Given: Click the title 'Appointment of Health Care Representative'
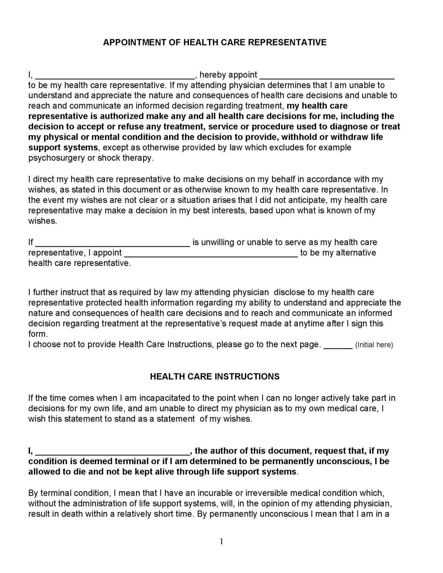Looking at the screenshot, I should [x=215, y=42].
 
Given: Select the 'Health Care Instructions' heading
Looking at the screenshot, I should [x=215, y=376].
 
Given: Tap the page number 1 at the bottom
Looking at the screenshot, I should [x=221, y=542].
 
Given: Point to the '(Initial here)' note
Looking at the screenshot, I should [x=374, y=345].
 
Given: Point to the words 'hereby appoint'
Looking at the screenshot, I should [x=228, y=75].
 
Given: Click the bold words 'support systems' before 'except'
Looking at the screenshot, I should [x=63, y=147].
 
